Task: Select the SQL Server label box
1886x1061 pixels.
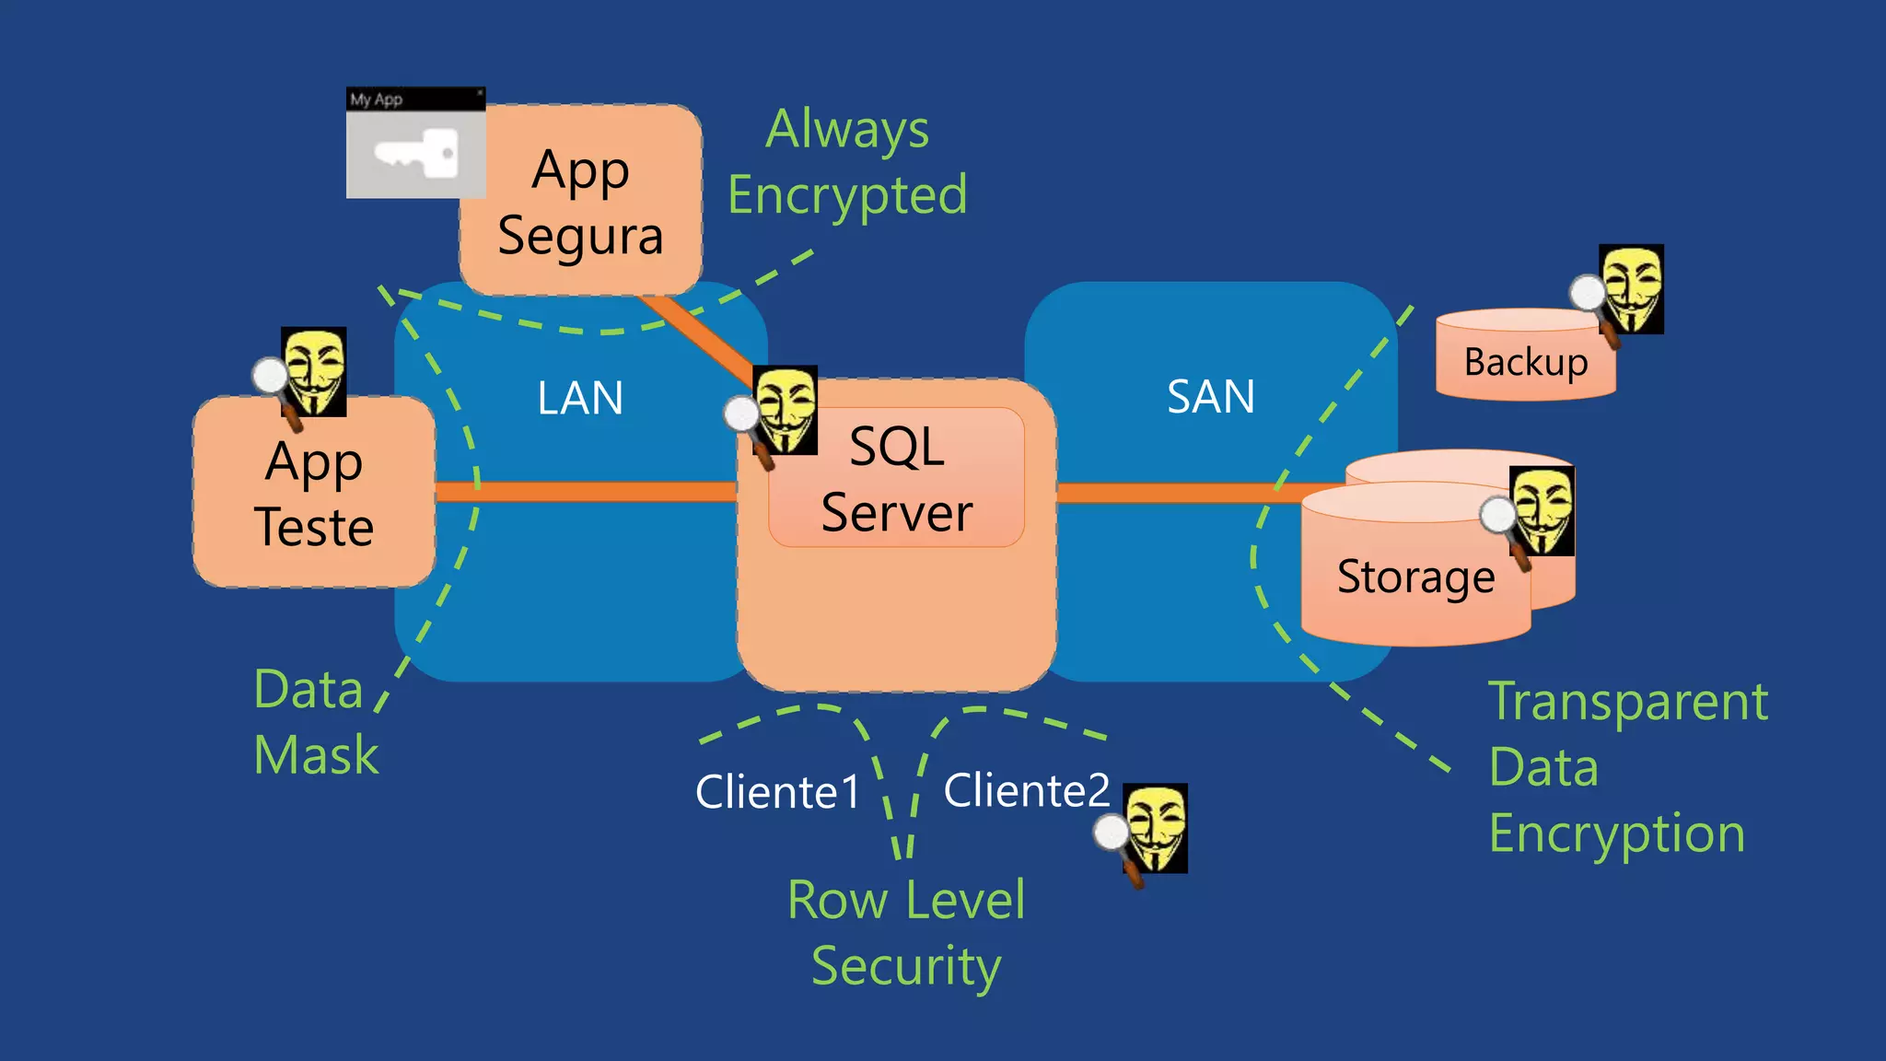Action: click(x=896, y=479)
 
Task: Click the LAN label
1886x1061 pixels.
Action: click(x=580, y=398)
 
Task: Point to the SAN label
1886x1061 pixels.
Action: click(x=1211, y=397)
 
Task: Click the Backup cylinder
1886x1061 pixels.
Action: click(x=1525, y=362)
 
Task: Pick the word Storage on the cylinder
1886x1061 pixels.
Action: click(x=1415, y=577)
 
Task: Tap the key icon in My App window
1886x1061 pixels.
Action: click(x=416, y=153)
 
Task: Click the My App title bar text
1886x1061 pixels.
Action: click(x=377, y=99)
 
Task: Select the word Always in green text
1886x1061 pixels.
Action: click(x=847, y=129)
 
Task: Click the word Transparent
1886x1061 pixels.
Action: click(x=1628, y=702)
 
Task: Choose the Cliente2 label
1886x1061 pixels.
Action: click(x=1027, y=790)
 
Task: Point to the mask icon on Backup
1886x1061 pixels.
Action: click(x=1631, y=288)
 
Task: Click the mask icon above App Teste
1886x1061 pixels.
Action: click(x=314, y=371)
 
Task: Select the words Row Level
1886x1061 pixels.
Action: click(x=906, y=900)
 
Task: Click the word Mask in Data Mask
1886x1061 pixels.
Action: click(x=316, y=755)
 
